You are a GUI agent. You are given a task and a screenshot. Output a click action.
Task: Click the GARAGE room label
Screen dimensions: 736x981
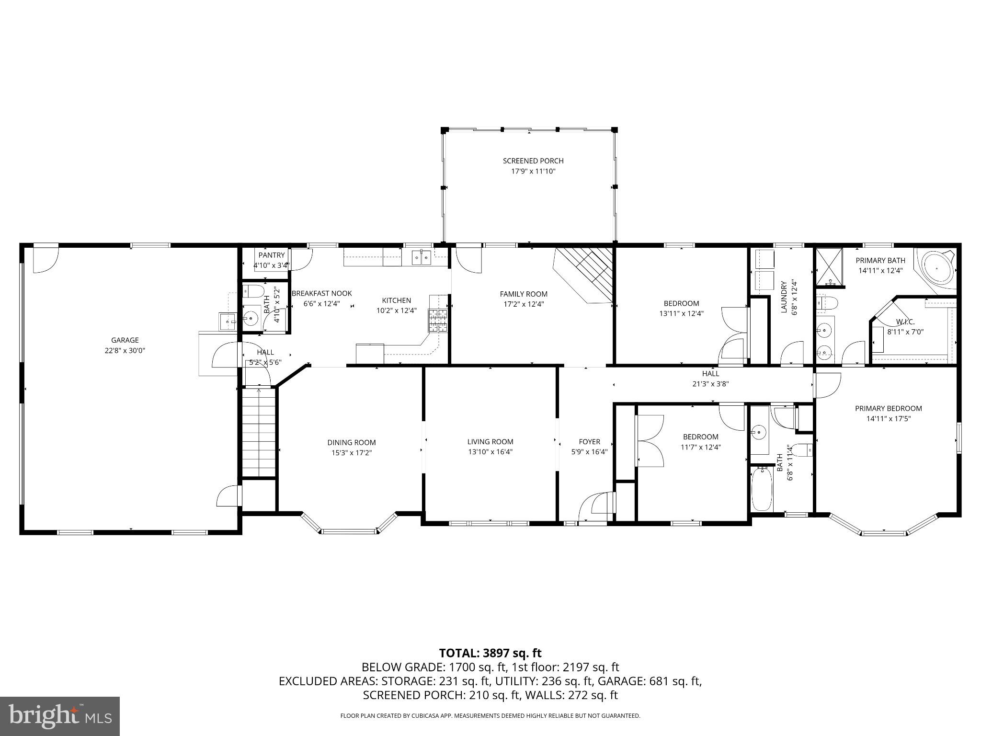125,340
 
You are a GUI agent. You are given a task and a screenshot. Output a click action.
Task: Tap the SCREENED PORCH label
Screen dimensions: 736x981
533,161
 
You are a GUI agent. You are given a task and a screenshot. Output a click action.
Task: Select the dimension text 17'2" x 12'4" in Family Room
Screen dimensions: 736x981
523,304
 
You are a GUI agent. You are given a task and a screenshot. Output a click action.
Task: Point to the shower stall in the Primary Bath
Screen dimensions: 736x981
829,267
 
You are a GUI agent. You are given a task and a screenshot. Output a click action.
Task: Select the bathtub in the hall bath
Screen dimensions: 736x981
761,489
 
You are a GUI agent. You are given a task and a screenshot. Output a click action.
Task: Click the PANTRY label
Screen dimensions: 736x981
272,255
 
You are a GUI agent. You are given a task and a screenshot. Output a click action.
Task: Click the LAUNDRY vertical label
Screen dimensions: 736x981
784,297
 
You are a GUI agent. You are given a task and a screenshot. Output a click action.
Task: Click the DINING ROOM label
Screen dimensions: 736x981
351,443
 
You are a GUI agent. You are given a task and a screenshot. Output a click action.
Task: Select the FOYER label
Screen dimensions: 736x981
589,442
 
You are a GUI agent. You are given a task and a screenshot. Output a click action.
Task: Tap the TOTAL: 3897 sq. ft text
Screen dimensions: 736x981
490,653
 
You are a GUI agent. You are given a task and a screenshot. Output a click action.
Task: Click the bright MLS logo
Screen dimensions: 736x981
60,716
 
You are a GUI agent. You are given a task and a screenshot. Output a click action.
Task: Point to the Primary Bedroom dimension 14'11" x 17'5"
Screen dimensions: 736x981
888,418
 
